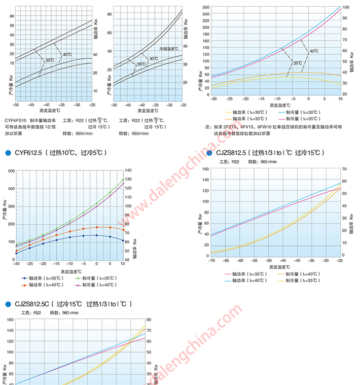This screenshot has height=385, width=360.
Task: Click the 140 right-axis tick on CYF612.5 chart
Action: click(x=128, y=170)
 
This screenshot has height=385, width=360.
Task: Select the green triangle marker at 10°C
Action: click(x=123, y=180)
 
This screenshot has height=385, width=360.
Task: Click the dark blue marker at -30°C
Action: click(x=16, y=253)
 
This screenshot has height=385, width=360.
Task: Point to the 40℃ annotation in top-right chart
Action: click(x=314, y=51)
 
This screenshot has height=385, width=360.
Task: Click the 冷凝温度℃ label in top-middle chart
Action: click(x=169, y=49)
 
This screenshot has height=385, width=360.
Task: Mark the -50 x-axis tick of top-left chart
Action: click(x=16, y=104)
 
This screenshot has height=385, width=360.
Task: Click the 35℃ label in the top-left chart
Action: click(x=50, y=60)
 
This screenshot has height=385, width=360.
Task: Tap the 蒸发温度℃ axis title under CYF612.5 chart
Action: click(x=70, y=271)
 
